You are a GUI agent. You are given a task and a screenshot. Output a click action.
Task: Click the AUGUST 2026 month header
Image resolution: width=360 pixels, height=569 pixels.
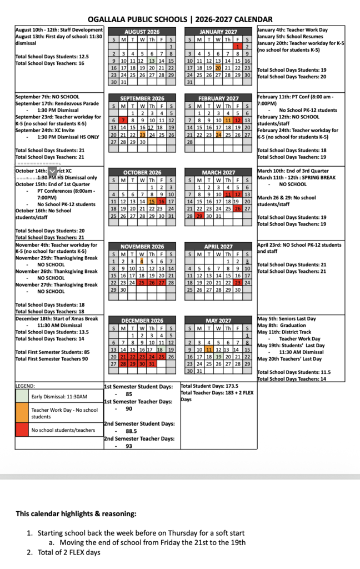142,32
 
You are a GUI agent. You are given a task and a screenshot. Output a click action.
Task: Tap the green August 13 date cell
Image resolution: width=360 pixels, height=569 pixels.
152,61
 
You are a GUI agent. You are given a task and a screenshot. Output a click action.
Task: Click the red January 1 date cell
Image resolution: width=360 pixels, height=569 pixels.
238,47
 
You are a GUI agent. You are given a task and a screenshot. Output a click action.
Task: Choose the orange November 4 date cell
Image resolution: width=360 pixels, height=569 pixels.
142,261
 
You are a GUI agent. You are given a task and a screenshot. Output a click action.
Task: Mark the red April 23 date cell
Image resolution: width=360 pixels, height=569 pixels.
238,282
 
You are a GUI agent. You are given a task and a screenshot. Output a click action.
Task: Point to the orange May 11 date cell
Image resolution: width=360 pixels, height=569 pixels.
209,350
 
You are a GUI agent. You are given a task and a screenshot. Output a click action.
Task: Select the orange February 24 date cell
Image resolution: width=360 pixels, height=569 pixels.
218,135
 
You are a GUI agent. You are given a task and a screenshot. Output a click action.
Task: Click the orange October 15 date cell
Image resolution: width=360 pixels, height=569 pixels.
152,201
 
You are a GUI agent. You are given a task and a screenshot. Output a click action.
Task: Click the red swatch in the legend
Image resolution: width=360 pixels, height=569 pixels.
22,430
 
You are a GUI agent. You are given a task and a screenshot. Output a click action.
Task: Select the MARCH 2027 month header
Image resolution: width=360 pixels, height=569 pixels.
218,172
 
